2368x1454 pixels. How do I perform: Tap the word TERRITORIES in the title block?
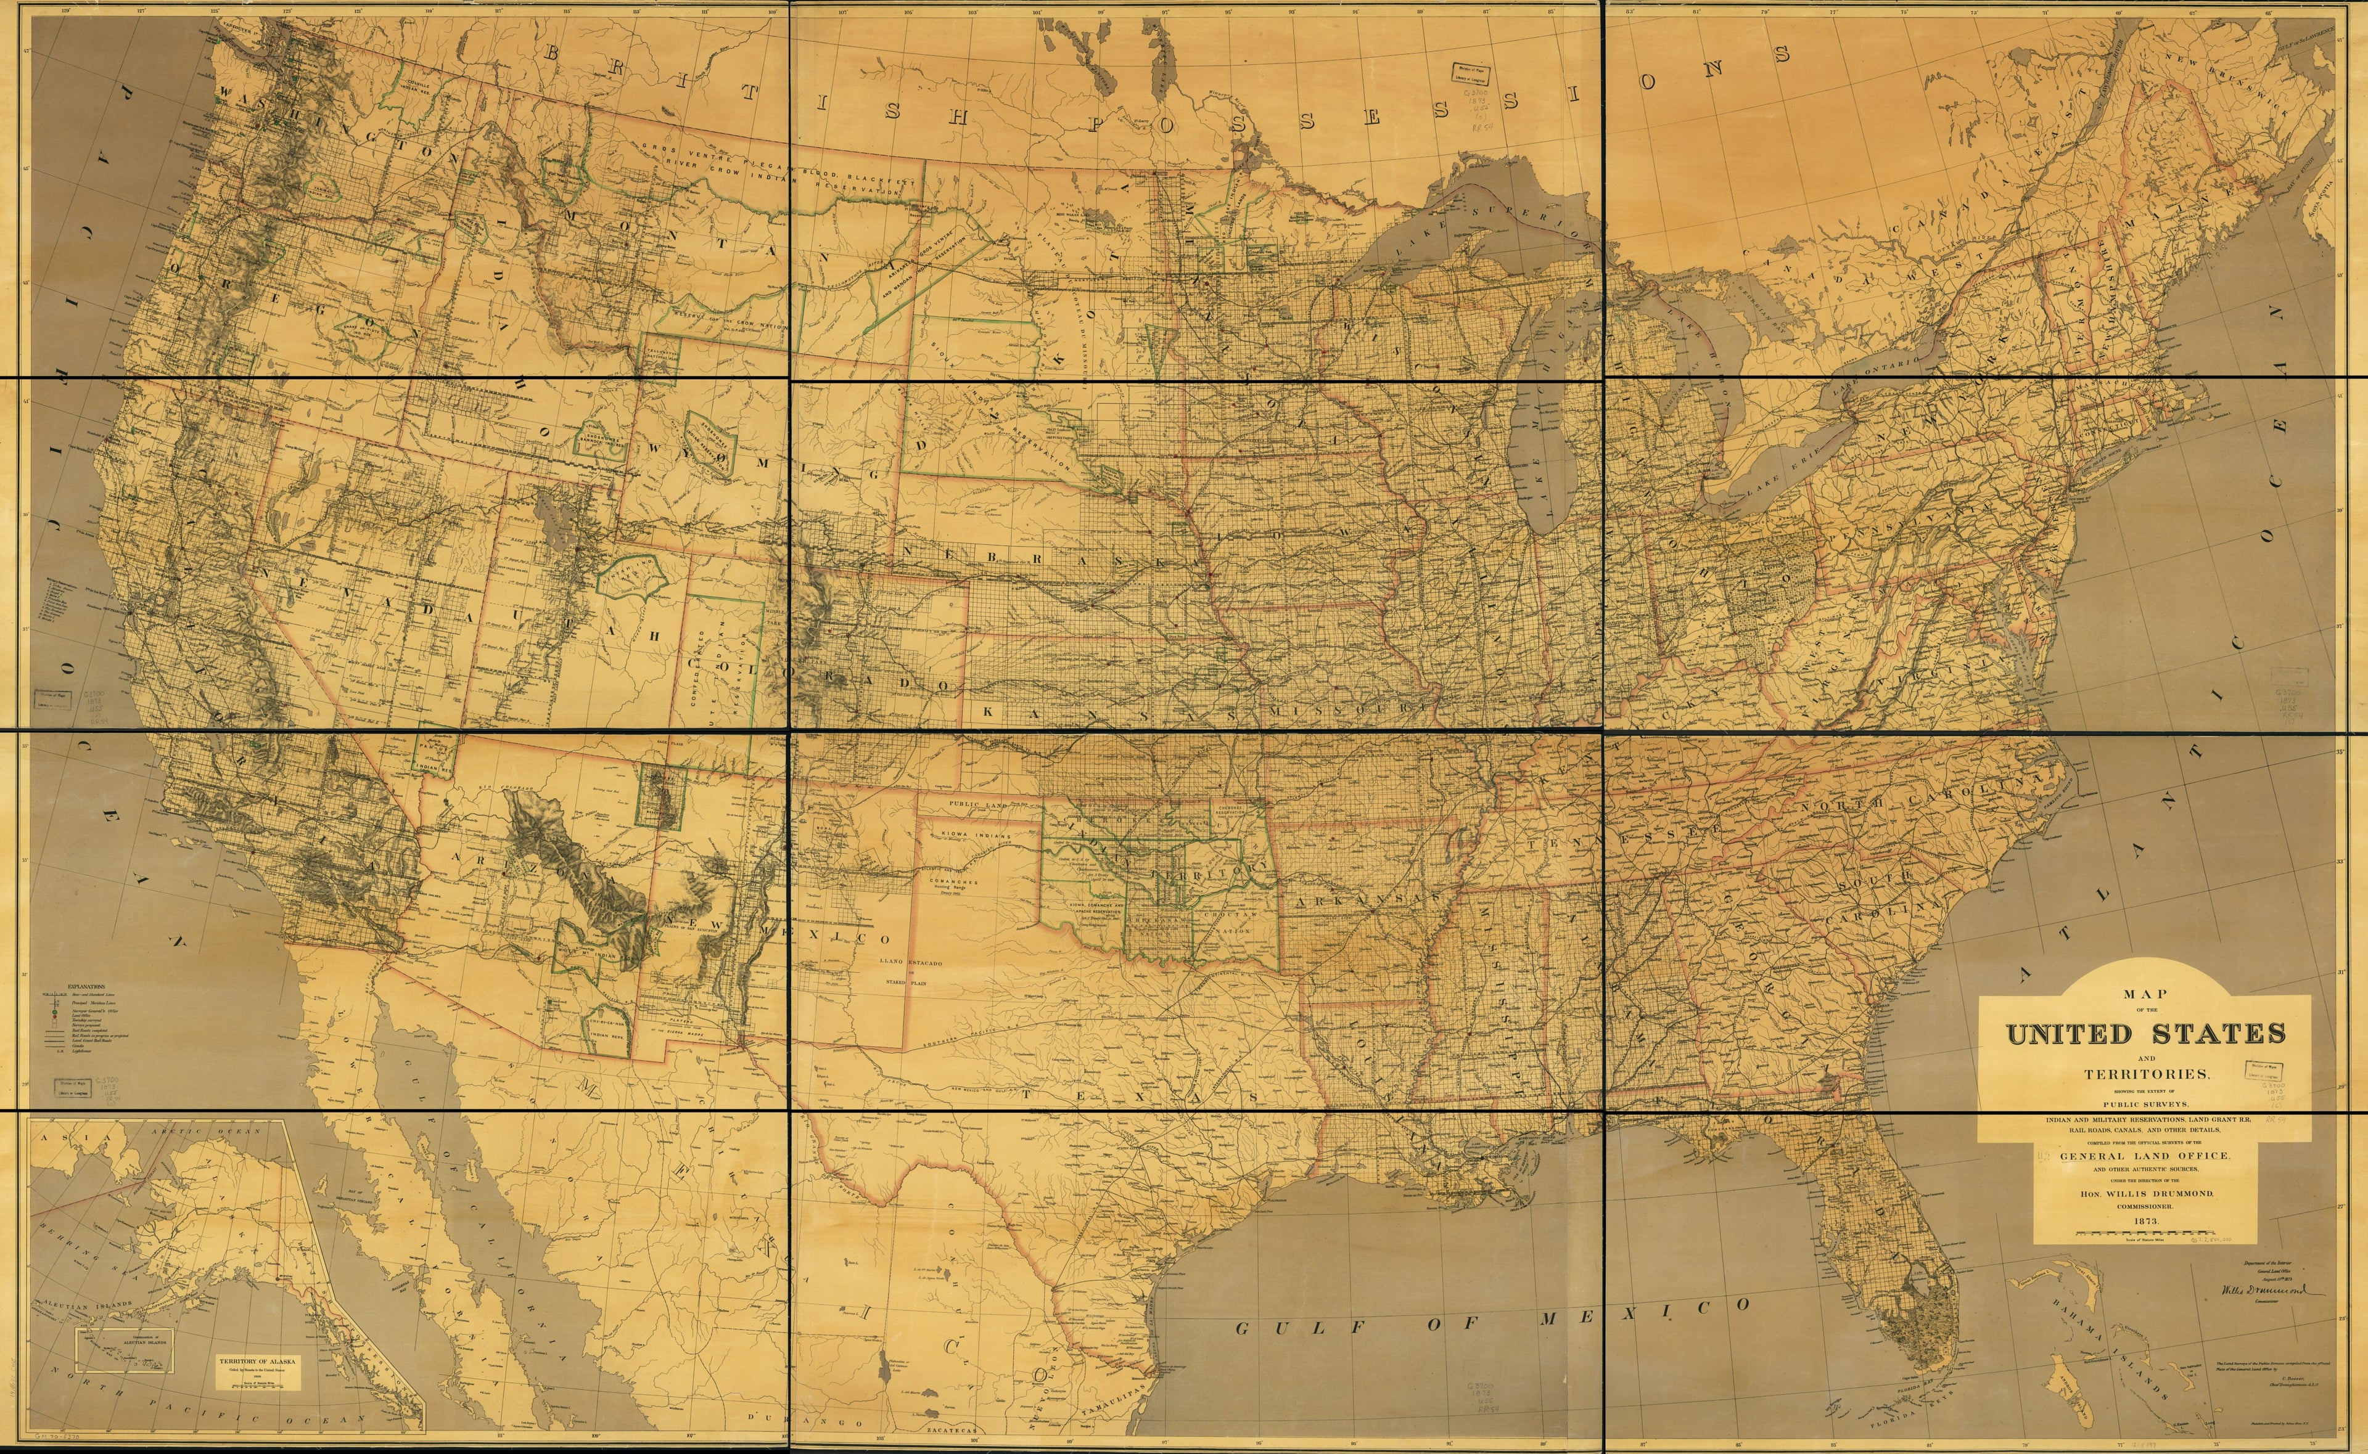[x=2147, y=1074]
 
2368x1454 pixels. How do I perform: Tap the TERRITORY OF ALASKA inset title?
[x=258, y=1362]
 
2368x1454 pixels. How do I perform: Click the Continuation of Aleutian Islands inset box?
[x=125, y=1350]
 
